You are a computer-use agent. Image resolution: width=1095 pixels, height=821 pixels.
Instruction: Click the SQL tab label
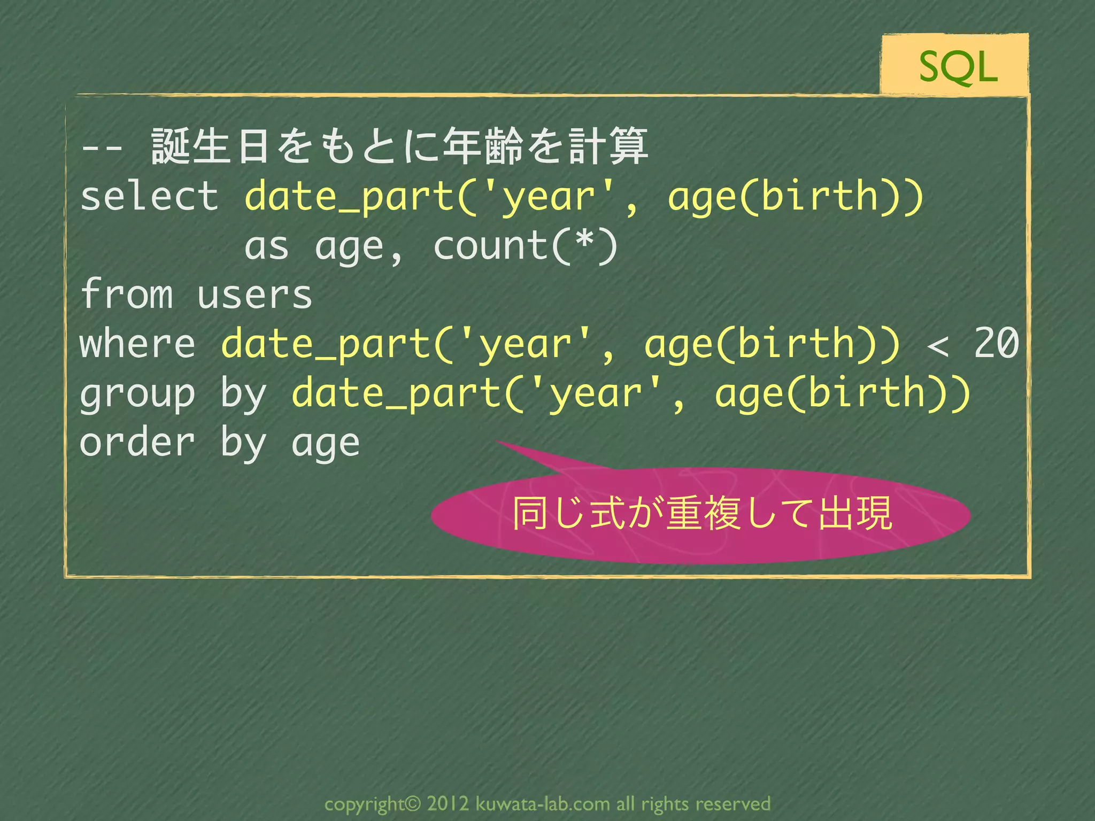958,67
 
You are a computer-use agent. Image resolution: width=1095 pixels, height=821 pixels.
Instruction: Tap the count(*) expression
525,246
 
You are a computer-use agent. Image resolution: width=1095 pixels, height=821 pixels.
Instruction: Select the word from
127,294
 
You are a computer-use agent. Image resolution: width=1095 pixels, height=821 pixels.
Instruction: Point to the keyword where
137,343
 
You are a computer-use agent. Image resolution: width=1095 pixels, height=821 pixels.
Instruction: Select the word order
137,443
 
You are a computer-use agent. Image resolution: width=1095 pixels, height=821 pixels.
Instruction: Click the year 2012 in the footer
448,803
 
